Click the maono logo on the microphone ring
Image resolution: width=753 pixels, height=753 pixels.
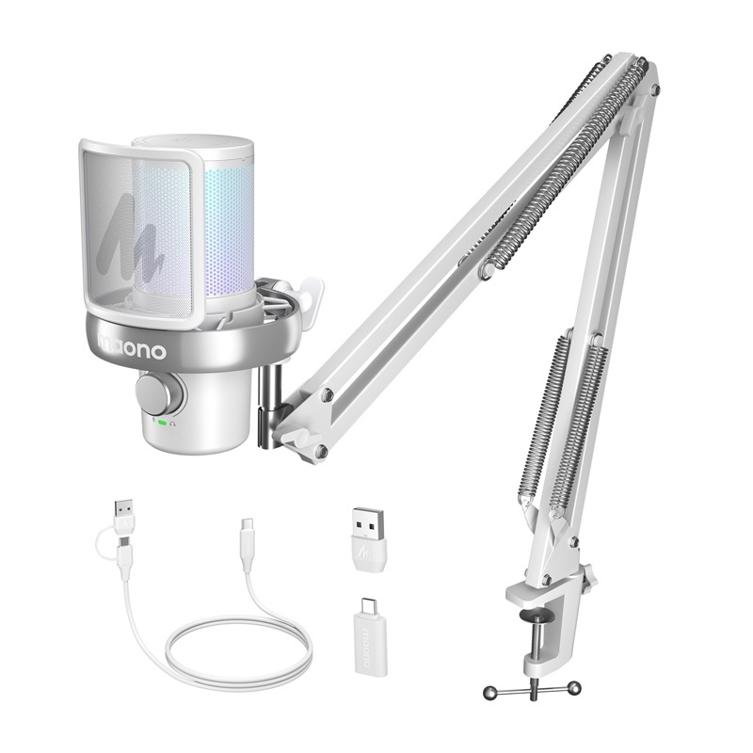[132, 351]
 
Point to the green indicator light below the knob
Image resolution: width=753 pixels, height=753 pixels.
[163, 423]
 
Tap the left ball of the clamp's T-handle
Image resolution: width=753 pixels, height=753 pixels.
[489, 694]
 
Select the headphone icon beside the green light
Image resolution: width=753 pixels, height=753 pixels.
[173, 423]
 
